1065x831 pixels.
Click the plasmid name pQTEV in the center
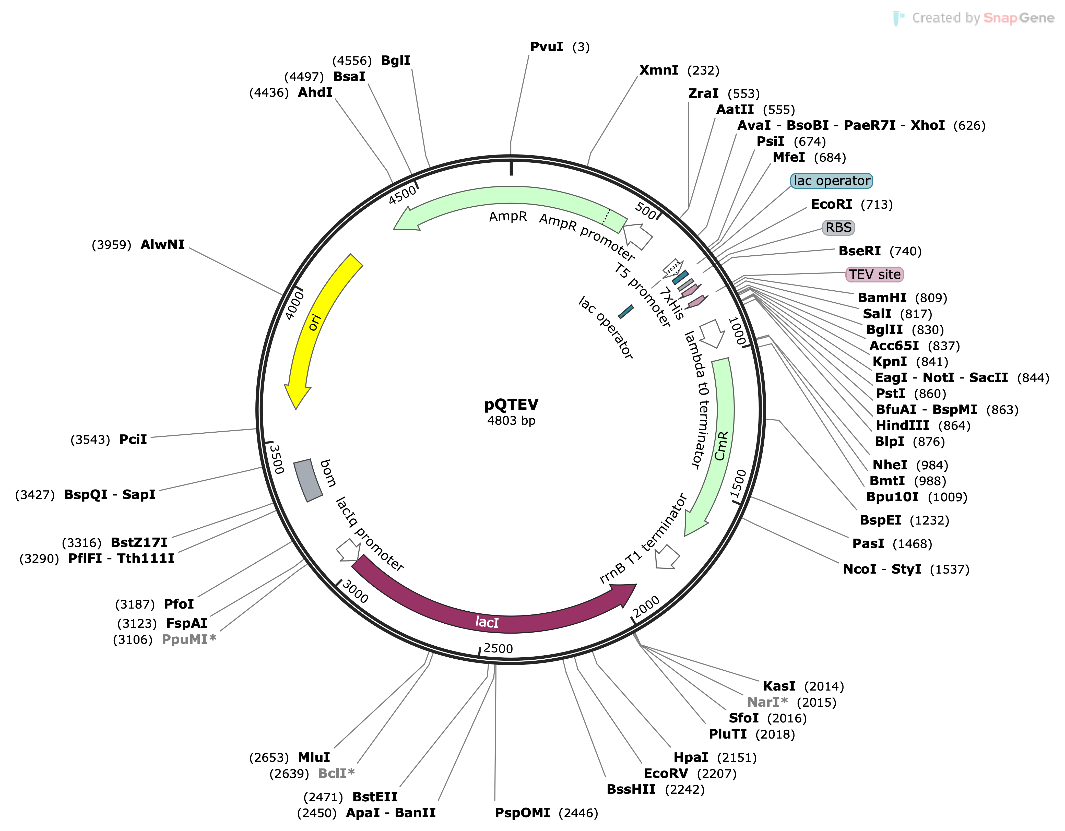click(x=511, y=404)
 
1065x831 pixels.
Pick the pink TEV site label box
click(x=874, y=275)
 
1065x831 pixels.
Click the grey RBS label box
click(x=838, y=228)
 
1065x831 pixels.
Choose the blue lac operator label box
click(x=831, y=181)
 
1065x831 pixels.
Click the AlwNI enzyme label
click(x=162, y=245)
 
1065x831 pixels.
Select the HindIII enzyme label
click(x=902, y=426)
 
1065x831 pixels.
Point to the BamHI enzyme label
click(x=882, y=298)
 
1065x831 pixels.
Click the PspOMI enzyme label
click(x=522, y=813)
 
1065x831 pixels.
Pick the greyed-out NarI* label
click(x=767, y=702)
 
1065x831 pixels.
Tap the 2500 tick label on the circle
click(x=498, y=649)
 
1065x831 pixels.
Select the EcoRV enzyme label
click(x=666, y=774)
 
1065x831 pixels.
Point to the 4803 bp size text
click(x=511, y=421)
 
